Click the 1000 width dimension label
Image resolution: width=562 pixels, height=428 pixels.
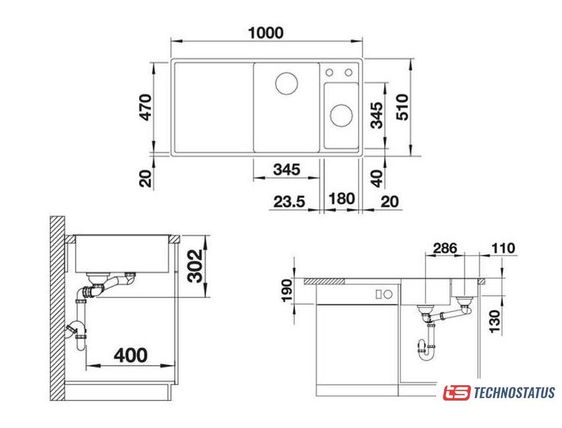click(266, 33)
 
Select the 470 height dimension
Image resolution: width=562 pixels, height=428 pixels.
click(146, 107)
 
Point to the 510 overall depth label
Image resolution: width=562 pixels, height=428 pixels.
click(402, 107)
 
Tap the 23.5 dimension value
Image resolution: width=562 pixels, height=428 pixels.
click(289, 202)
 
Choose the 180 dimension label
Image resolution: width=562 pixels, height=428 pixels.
click(342, 199)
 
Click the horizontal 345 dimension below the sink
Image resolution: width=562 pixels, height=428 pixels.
click(286, 169)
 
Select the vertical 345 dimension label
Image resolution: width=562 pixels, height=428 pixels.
click(377, 115)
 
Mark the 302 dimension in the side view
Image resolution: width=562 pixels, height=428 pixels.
click(195, 266)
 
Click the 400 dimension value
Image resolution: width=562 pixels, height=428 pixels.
click(131, 355)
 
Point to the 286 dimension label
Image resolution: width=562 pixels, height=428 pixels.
click(445, 248)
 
